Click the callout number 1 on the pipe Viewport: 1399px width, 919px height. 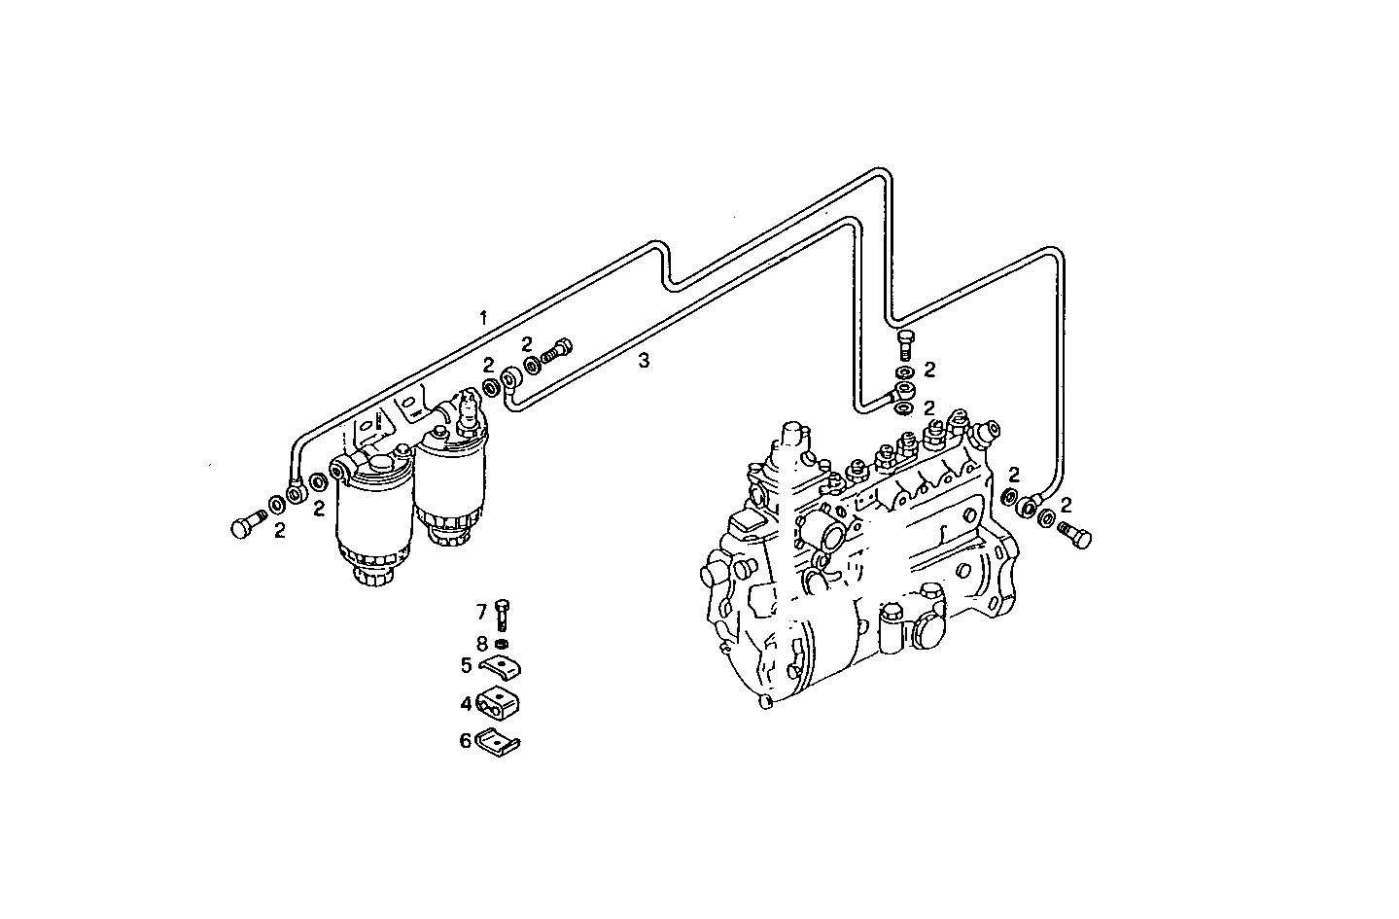click(482, 318)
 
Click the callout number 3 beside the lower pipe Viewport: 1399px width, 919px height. click(643, 361)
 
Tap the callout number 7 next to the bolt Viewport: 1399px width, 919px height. click(480, 612)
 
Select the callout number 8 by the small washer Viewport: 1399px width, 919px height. click(480, 643)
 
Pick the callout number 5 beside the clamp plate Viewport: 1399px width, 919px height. click(467, 666)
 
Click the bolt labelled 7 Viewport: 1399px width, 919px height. click(502, 616)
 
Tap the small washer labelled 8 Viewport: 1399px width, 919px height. click(502, 645)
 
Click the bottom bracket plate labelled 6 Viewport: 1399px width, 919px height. click(500, 742)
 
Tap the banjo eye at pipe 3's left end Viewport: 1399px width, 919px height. click(509, 380)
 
